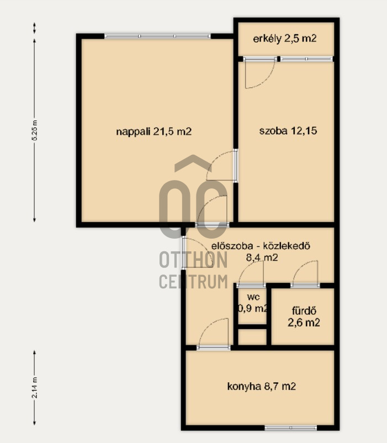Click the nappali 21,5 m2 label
pyautogui.click(x=154, y=131)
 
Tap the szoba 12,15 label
pyautogui.click(x=288, y=131)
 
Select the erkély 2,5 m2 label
pyautogui.click(x=284, y=39)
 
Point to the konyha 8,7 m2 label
pyautogui.click(x=261, y=386)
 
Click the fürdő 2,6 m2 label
pyautogui.click(x=304, y=317)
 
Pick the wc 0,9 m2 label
pyautogui.click(x=253, y=303)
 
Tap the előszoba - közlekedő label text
pyautogui.click(x=261, y=246)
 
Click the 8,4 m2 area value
pyautogui.click(x=262, y=257)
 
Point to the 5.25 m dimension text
pyautogui.click(x=34, y=130)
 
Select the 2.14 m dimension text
pyautogui.click(x=34, y=387)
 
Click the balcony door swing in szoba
pyautogui.click(x=259, y=74)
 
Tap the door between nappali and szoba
pyautogui.click(x=221, y=166)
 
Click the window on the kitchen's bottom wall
pyautogui.click(x=291, y=428)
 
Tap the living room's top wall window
pyautogui.click(x=157, y=36)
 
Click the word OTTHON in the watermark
pyautogui.click(x=194, y=260)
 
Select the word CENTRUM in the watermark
pyautogui.click(x=194, y=281)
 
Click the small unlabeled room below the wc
pyautogui.click(x=252, y=337)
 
